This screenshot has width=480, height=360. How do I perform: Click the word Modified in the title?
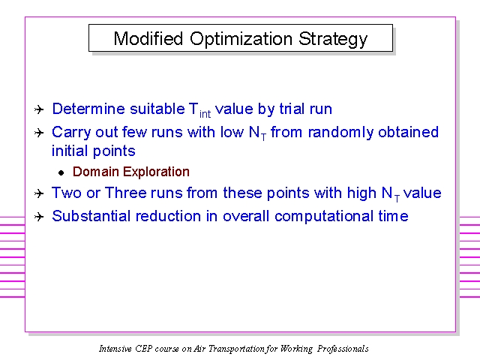148,38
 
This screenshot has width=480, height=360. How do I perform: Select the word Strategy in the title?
333,40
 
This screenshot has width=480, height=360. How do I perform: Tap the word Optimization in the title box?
241,40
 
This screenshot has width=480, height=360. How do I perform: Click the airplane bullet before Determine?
39,109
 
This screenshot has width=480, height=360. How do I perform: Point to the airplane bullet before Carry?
39,133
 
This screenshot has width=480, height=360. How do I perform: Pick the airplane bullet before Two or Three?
39,193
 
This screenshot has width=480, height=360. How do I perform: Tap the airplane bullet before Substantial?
39,217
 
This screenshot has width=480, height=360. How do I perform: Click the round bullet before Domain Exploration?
61,173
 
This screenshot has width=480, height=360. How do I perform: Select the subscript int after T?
205,114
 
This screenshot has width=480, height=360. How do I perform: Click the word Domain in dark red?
96,172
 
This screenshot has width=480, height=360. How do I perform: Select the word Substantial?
91,216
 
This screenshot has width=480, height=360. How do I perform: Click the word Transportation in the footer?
236,349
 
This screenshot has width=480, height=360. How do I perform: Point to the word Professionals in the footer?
343,349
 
